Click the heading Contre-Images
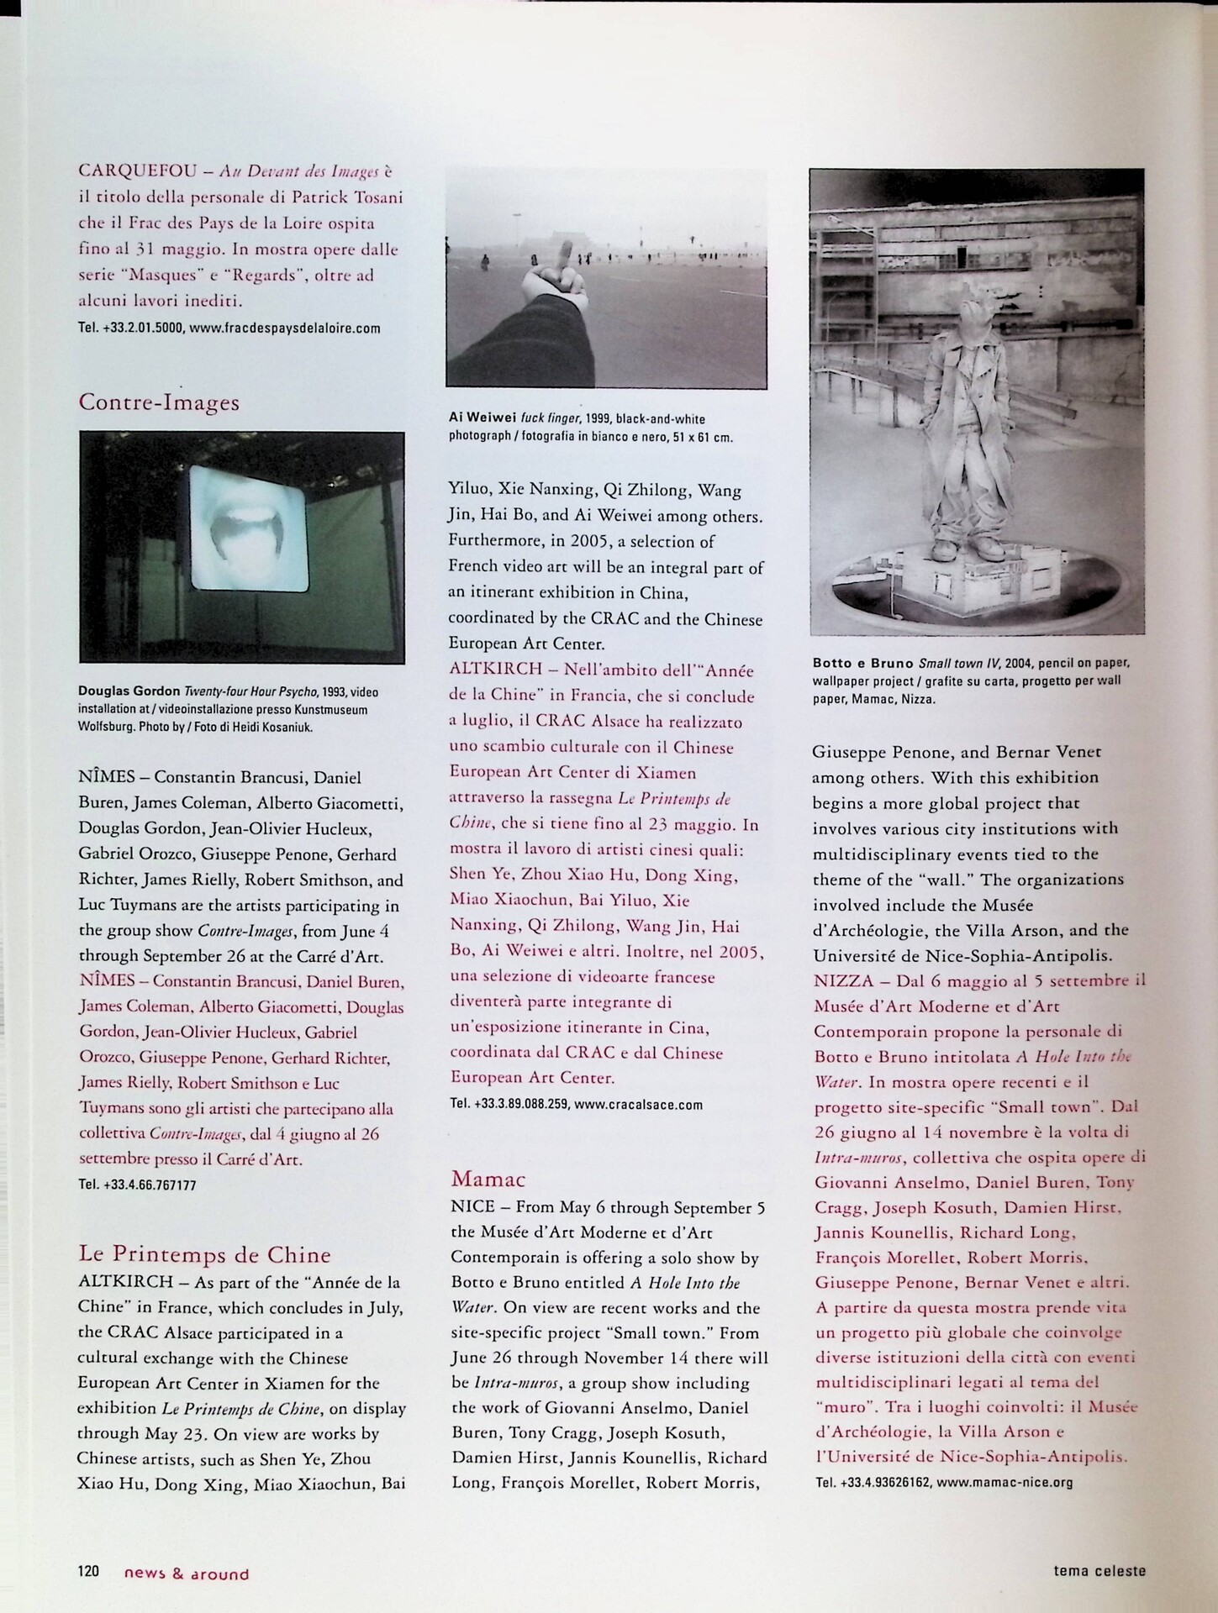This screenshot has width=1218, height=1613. [x=159, y=402]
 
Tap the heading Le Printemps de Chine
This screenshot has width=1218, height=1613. [x=204, y=1255]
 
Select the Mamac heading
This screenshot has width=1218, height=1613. [x=488, y=1179]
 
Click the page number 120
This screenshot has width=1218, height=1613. [x=88, y=1571]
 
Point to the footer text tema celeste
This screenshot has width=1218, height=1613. [x=1099, y=1569]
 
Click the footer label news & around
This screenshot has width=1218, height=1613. [x=187, y=1574]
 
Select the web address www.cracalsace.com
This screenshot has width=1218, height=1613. [x=638, y=1105]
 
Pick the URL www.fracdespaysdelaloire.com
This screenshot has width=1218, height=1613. [x=285, y=328]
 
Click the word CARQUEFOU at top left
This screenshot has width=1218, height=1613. [x=137, y=171]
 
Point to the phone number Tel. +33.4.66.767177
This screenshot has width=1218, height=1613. [x=137, y=1185]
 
